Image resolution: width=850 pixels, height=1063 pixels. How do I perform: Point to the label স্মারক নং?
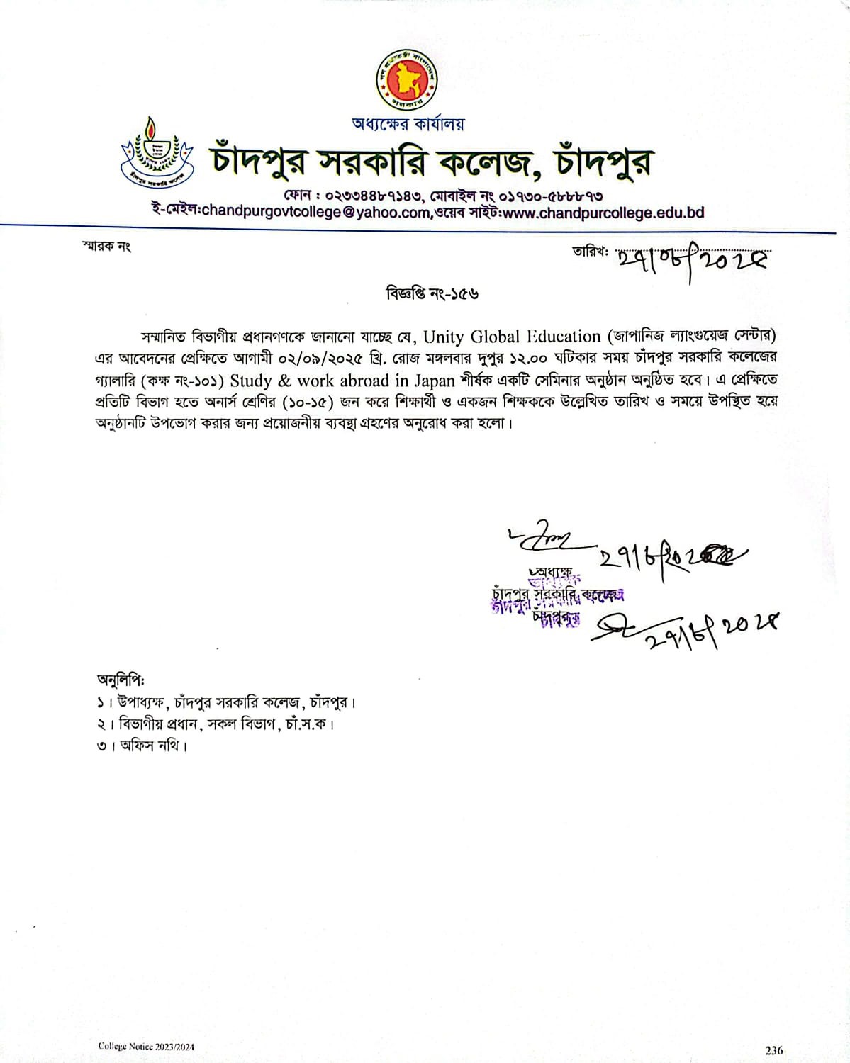pyautogui.click(x=107, y=247)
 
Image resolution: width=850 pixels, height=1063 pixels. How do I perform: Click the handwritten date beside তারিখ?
pyautogui.click(x=692, y=261)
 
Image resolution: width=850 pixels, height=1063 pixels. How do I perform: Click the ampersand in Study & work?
pyautogui.click(x=284, y=381)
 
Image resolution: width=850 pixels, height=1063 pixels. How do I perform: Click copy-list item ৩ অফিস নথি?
pyautogui.click(x=142, y=746)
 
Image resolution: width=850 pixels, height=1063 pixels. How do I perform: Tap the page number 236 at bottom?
pyautogui.click(x=773, y=1050)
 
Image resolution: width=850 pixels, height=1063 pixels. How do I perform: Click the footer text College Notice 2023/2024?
pyautogui.click(x=146, y=1047)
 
